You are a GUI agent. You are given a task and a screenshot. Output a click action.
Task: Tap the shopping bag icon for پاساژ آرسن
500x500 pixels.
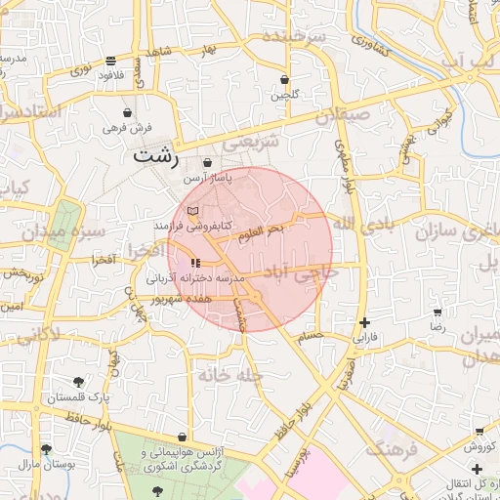[x=207, y=162]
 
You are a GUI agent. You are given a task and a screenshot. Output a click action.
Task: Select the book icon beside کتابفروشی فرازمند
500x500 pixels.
[x=192, y=210]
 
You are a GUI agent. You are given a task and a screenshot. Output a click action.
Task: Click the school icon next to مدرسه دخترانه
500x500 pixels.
[x=195, y=262]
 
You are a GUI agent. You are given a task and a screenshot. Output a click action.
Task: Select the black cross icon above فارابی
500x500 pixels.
[x=364, y=322]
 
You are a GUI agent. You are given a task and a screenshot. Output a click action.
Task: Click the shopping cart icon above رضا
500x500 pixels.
[x=437, y=312]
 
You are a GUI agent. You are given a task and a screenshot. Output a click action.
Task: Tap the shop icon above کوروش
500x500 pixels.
[x=479, y=431]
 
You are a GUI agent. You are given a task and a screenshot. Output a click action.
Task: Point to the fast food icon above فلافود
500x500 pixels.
[x=111, y=59]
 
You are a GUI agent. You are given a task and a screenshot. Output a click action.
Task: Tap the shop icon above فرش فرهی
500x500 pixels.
[x=127, y=112]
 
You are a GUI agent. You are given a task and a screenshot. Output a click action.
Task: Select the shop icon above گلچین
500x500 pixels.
[x=284, y=79]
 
